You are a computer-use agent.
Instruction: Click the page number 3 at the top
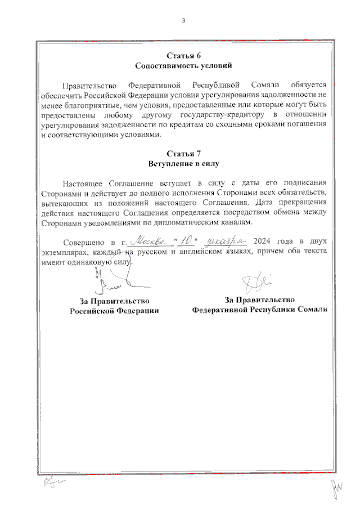(183, 21)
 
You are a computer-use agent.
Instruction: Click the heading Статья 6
(183, 56)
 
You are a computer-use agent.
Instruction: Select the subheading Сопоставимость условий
(183, 66)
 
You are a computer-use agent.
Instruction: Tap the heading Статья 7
(183, 154)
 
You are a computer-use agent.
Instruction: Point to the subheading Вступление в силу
(183, 164)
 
